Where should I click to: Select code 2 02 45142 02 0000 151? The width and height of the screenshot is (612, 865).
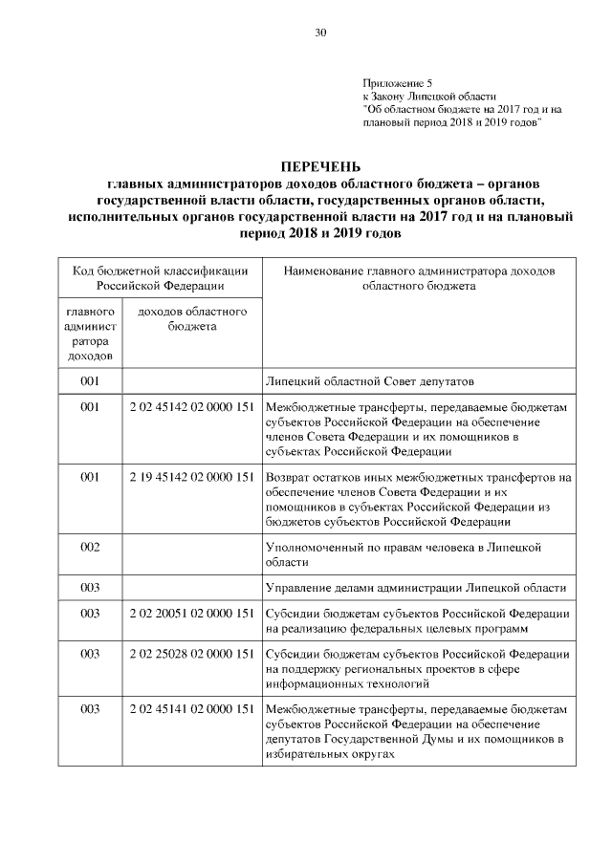191,408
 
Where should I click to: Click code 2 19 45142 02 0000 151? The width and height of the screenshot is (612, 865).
191,477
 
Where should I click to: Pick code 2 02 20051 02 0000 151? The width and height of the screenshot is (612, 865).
191,613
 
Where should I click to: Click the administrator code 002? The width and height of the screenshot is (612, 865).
90,546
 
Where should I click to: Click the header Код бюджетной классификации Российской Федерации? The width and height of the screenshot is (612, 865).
160,277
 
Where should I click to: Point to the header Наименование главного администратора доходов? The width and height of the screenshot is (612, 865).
419,277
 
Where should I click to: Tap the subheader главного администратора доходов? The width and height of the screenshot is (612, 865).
90,334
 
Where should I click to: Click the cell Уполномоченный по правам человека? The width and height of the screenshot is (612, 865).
403,552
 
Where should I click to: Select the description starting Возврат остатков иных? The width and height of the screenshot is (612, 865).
417,499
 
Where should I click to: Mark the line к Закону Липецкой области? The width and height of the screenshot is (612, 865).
429,97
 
